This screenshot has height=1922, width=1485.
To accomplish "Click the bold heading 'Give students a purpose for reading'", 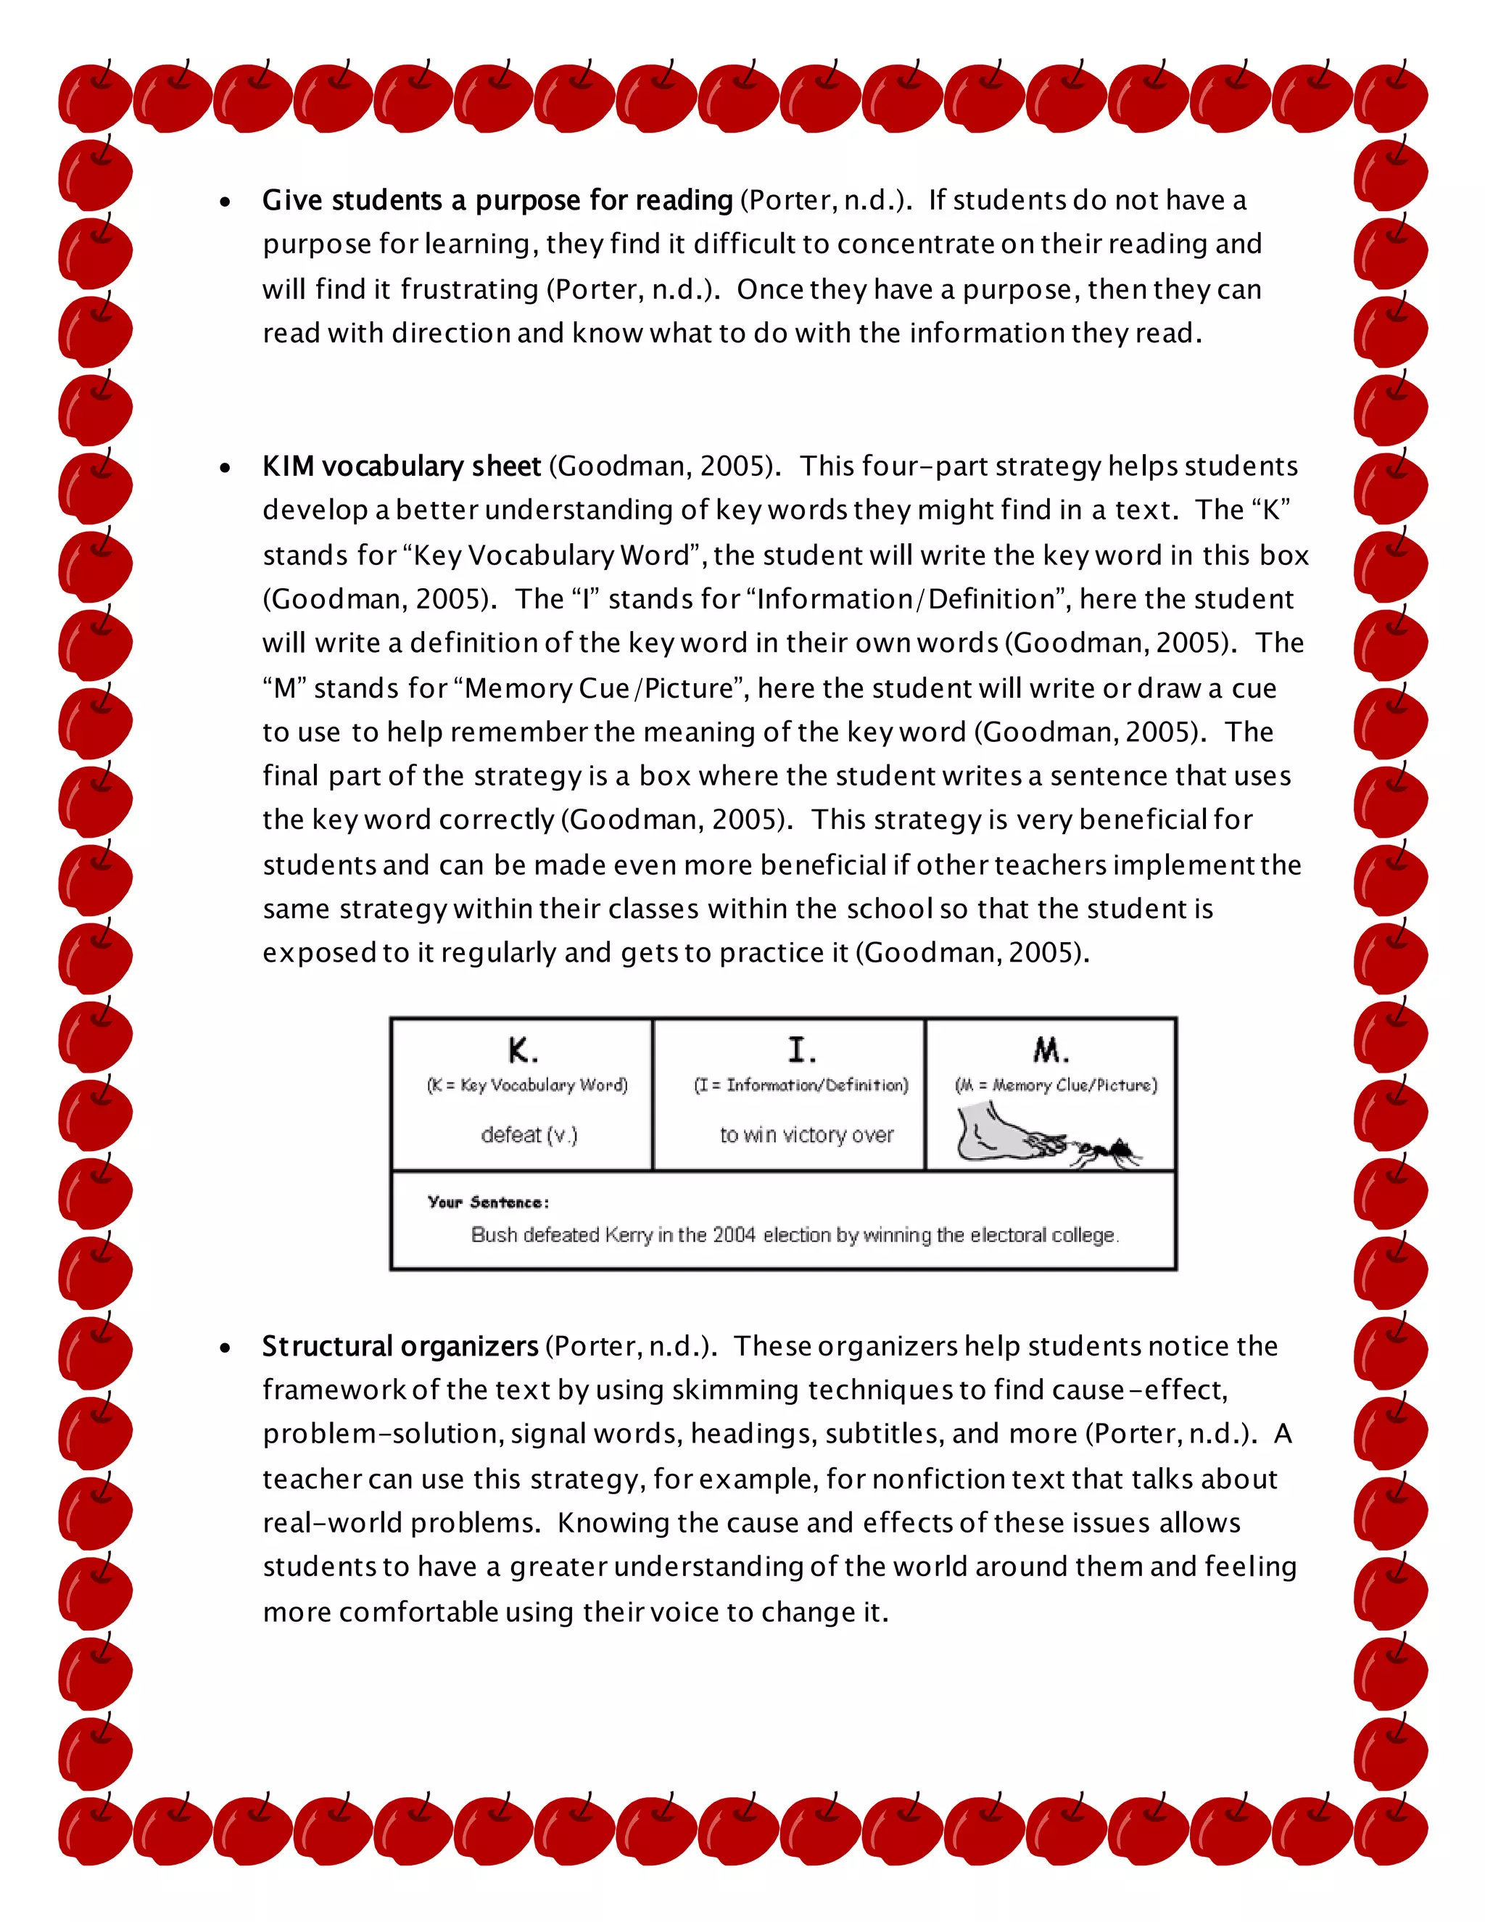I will coord(497,201).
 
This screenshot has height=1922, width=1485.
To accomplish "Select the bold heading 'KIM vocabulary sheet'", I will coord(401,466).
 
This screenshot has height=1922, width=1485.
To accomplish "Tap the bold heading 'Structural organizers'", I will coord(400,1346).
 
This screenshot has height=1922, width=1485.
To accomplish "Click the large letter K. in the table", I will coord(523,1051).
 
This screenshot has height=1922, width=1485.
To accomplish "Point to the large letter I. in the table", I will coord(801,1050).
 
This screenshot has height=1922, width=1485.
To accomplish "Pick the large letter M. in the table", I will coord(1051,1050).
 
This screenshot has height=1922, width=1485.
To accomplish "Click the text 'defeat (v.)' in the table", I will coord(529,1135).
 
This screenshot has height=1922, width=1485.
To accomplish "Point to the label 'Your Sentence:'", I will coord(488,1202).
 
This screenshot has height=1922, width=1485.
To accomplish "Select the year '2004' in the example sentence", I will coord(734,1236).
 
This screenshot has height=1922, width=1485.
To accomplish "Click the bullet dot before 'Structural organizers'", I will coord(226,1348).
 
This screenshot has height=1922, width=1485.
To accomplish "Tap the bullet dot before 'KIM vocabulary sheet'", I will coord(226,469).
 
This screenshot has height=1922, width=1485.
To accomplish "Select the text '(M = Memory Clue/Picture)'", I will coord(1056,1085).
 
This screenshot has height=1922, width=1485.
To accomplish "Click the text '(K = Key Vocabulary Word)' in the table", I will coord(527,1085).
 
